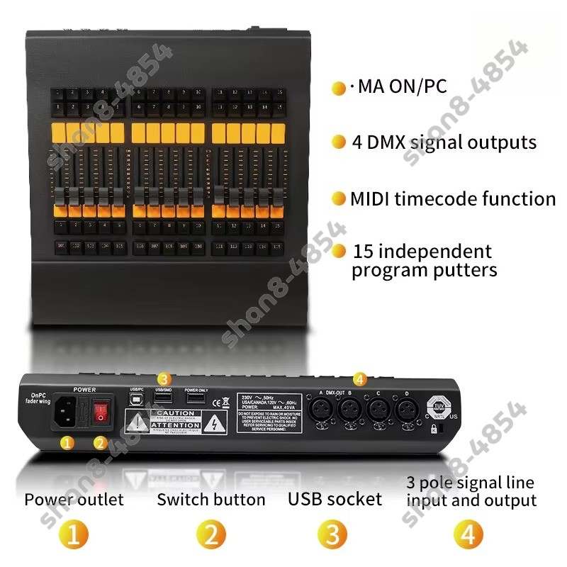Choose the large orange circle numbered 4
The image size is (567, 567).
point(468,533)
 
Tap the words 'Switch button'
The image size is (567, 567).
point(211,500)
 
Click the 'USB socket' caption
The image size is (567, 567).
point(335,499)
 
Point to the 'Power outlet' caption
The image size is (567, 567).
point(74,500)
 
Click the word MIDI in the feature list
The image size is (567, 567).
point(371,199)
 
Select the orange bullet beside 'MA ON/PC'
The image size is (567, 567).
point(339,88)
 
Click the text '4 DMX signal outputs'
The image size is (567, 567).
point(444,142)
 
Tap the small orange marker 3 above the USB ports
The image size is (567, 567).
point(164,378)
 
